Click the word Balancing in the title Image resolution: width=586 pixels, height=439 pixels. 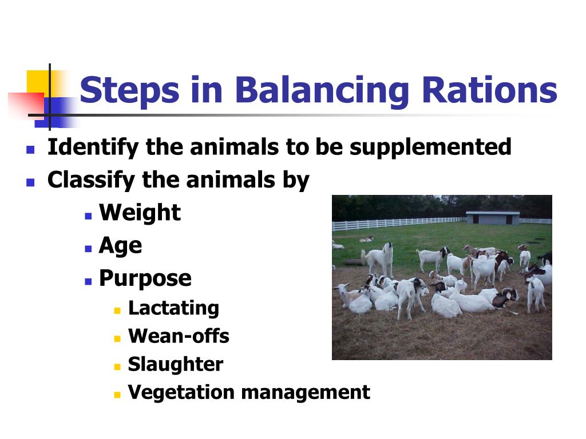[x=322, y=90]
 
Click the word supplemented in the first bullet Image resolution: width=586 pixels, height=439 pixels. [x=430, y=147]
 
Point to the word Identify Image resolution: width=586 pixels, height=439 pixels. [x=93, y=147]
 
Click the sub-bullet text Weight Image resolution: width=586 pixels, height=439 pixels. [x=140, y=213]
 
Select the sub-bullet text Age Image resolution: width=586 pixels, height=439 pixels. [x=120, y=246]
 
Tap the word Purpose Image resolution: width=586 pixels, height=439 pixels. [x=145, y=278]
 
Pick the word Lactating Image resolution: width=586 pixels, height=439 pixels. [x=173, y=308]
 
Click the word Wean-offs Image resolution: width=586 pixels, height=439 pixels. [x=179, y=336]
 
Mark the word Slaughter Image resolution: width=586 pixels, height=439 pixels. [x=176, y=364]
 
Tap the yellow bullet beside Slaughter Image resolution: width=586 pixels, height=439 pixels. [x=117, y=366]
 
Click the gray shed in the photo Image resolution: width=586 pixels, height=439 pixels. [x=492, y=218]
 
